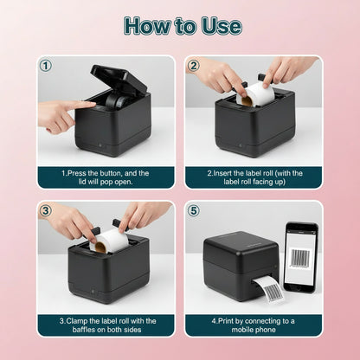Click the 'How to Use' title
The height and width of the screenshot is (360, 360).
pos(181,25)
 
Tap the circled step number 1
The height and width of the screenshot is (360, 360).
pos(46,66)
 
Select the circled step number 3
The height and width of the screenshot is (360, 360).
pos(46,210)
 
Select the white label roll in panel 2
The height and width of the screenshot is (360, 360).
pos(258,93)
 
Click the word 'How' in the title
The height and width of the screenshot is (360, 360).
pos(146,25)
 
